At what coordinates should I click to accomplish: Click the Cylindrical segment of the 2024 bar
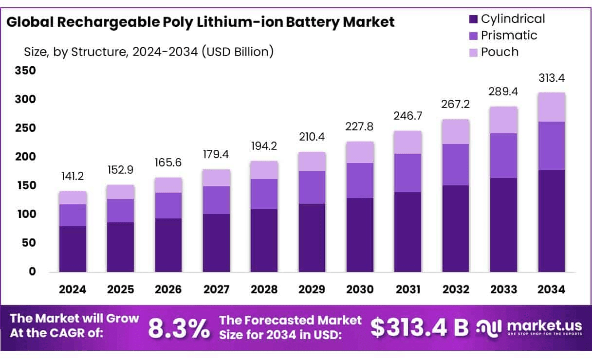tap(73, 249)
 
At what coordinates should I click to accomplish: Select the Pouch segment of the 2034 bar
tap(552, 107)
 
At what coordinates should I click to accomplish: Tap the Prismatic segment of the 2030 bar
tap(360, 180)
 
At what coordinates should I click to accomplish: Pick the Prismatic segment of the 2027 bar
tap(216, 200)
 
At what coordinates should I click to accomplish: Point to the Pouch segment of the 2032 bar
tap(456, 131)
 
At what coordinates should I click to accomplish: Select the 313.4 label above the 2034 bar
tap(552, 78)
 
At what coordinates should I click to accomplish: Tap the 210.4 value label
tap(312, 138)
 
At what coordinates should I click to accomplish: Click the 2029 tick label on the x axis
tap(312, 289)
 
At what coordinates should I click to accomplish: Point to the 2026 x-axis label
tap(168, 289)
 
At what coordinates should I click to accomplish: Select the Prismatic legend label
tap(509, 36)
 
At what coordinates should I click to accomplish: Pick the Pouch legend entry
tap(499, 52)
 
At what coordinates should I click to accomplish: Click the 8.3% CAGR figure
tap(178, 328)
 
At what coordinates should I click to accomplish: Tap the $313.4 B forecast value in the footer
tap(419, 327)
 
